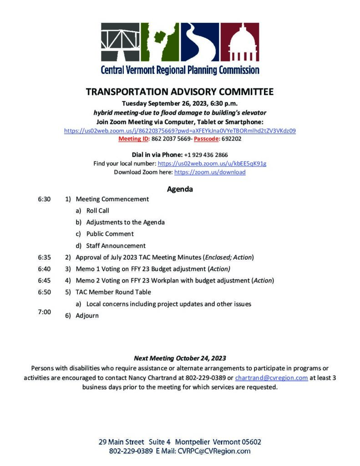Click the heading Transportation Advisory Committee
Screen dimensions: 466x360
180,92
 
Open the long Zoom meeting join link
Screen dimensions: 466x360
180,131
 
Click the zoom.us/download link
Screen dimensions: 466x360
210,172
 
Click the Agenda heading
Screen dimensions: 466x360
180,189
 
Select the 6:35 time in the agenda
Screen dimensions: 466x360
44,257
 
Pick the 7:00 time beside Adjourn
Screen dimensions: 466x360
44,312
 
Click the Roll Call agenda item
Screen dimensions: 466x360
97,211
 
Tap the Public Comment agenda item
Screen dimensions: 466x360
110,234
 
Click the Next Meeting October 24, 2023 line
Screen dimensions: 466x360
180,358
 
